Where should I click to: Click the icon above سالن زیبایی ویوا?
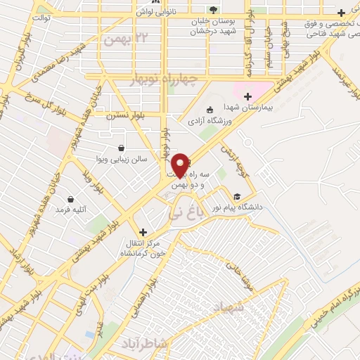pos(122,148)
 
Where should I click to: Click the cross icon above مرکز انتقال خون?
pos(143,231)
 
